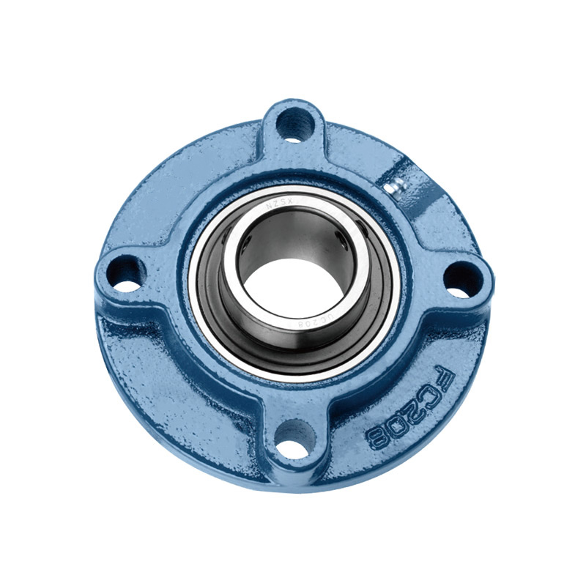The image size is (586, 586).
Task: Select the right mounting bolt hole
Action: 463,278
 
